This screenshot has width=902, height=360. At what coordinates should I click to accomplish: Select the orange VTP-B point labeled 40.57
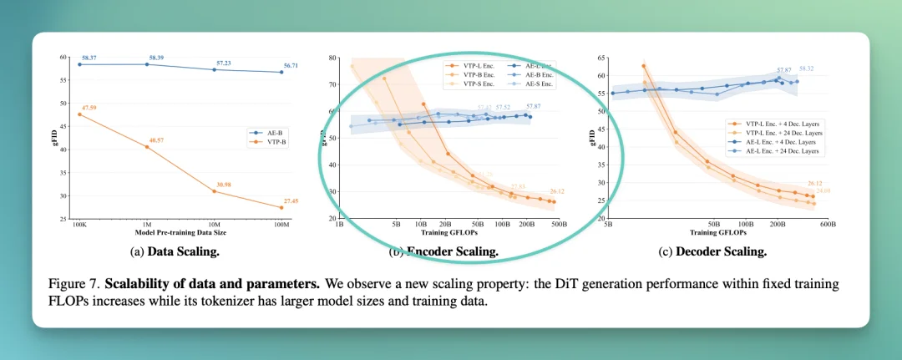[x=147, y=147]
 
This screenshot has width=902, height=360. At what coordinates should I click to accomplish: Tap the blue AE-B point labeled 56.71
[x=281, y=72]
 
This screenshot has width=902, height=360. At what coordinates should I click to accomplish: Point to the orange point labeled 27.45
[x=281, y=207]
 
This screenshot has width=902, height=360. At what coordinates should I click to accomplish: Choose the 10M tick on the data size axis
[x=215, y=225]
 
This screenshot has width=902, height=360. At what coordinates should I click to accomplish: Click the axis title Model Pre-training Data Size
[x=180, y=233]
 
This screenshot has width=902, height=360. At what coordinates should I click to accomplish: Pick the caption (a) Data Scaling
[x=181, y=251]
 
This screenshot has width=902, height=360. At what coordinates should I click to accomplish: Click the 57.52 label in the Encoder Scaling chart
[x=503, y=108]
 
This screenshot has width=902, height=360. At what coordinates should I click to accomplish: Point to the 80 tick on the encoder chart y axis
[x=333, y=58]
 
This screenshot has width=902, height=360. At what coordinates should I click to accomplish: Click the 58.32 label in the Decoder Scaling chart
[x=808, y=68]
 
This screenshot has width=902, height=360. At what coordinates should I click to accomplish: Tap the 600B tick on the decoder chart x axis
[x=829, y=225]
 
